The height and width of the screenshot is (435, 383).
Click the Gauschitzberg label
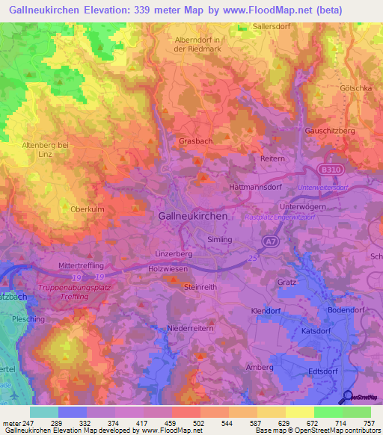pyautogui.click(x=329, y=131)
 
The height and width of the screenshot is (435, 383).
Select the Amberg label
pyautogui.click(x=260, y=367)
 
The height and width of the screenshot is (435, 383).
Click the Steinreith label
pyautogui.click(x=200, y=286)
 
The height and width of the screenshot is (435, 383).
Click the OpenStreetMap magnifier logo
pyautogui.click(x=347, y=398)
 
